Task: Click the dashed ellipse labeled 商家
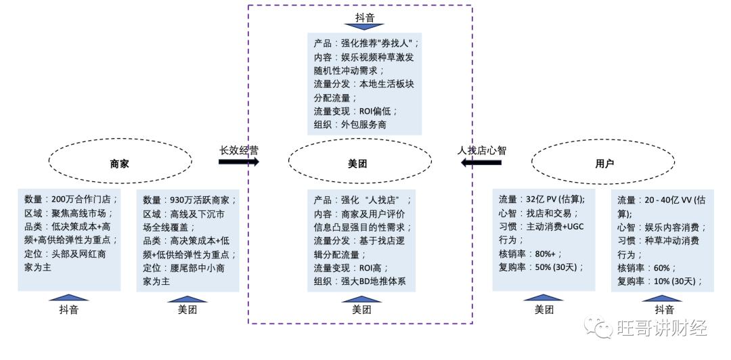point(120,163)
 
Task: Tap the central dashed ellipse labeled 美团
point(359,163)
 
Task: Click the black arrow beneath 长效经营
point(238,162)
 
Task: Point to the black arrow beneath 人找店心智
point(482,162)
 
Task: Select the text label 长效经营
point(238,150)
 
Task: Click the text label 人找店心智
point(482,150)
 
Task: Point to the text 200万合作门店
point(85,200)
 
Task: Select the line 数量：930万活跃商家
point(190,200)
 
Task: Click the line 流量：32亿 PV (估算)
point(541,200)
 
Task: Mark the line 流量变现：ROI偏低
point(356,111)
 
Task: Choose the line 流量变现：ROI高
point(352,269)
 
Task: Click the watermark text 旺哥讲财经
point(662,328)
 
